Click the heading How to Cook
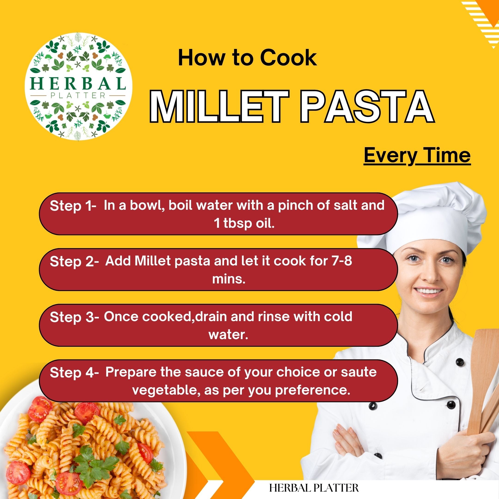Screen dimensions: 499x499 coord(247,58)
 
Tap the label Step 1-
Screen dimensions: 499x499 coord(73,206)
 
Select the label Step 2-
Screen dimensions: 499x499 coord(74,262)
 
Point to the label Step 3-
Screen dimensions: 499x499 coord(74,317)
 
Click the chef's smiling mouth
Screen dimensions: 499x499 coord(429,291)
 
